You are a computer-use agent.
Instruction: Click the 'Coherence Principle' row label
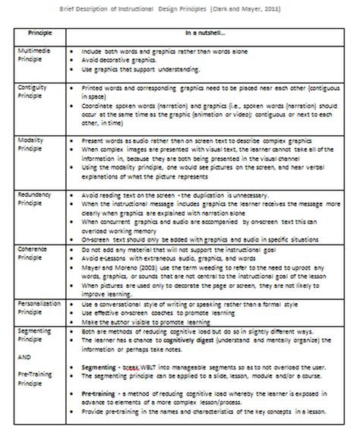33,251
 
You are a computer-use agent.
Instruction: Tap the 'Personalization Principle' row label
39,305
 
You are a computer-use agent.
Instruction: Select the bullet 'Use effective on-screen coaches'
151,312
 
